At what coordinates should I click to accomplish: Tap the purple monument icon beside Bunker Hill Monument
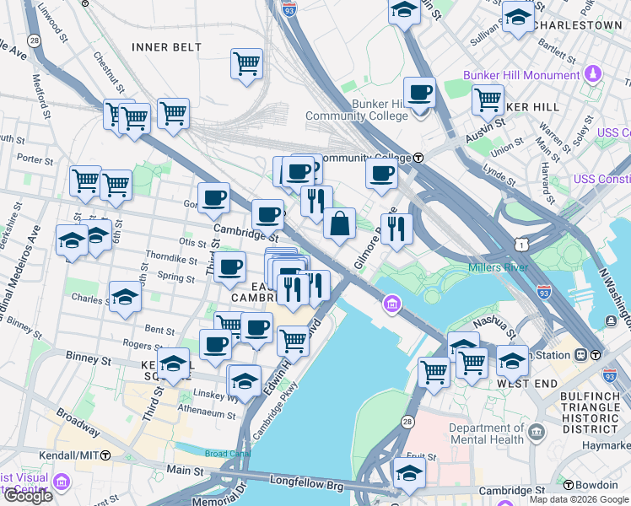pyautogui.click(x=594, y=75)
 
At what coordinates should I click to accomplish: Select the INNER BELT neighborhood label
pyautogui.click(x=164, y=46)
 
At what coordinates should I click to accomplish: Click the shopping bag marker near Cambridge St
pyautogui.click(x=339, y=224)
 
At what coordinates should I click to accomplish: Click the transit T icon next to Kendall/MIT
pyautogui.click(x=105, y=455)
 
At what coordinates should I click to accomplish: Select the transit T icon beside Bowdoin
pyautogui.click(x=568, y=486)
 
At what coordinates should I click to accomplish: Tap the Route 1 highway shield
pyautogui.click(x=523, y=244)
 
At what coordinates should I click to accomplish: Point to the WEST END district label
pyautogui.click(x=526, y=383)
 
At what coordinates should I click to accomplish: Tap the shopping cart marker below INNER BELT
pyautogui.click(x=246, y=63)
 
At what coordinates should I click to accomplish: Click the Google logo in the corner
pyautogui.click(x=27, y=496)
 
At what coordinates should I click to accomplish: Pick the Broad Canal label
pyautogui.click(x=227, y=453)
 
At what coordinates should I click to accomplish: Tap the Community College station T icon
pyautogui.click(x=418, y=158)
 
